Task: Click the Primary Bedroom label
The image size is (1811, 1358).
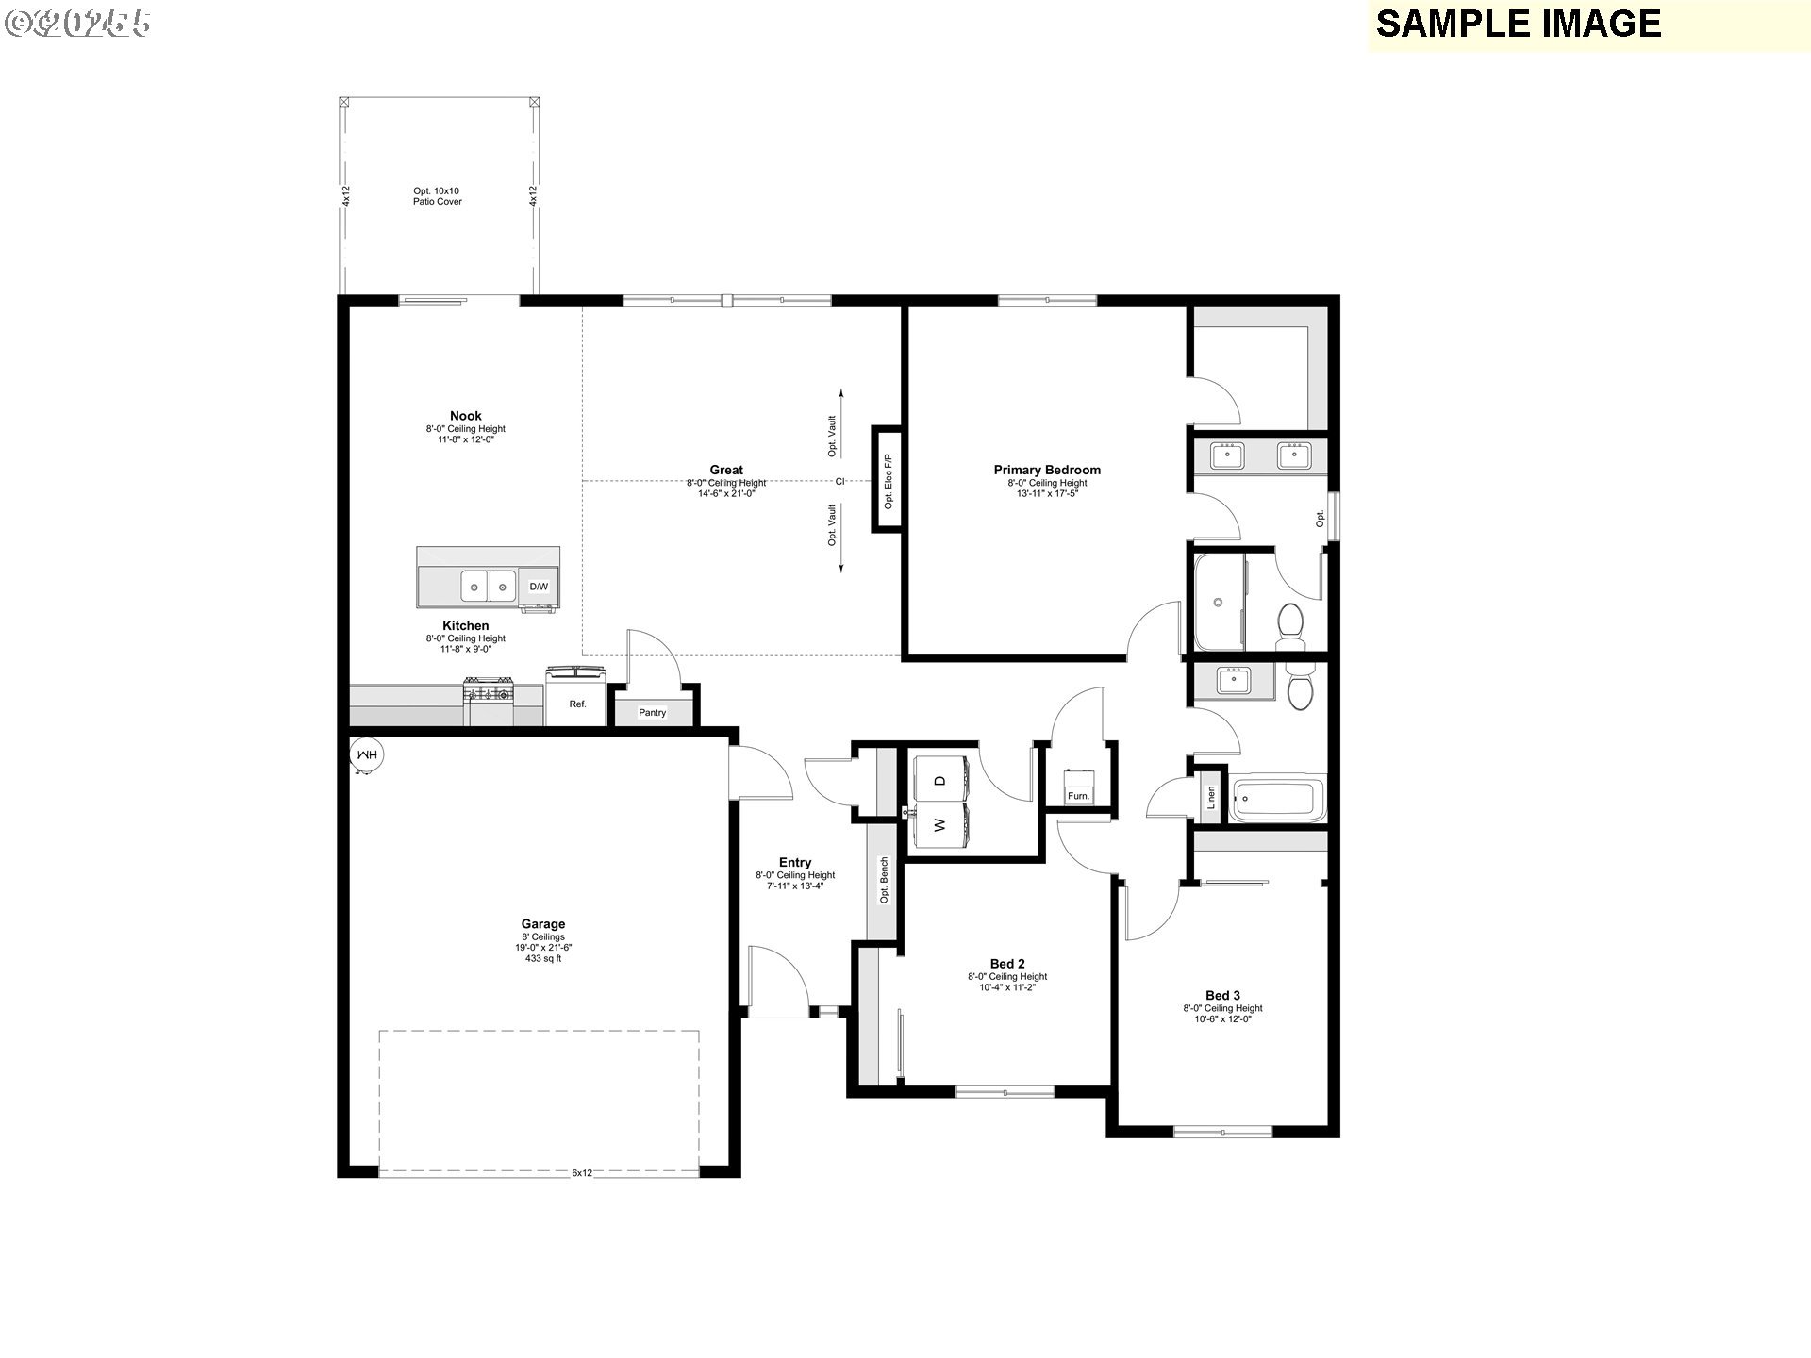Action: click(x=1047, y=470)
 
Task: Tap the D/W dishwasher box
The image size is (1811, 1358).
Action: click(x=539, y=587)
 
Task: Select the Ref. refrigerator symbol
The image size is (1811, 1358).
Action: click(x=576, y=699)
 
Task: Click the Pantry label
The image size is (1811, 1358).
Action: click(x=652, y=713)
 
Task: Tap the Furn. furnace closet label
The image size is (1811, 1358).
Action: click(x=1078, y=796)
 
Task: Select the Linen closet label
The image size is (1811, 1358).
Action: click(x=1210, y=798)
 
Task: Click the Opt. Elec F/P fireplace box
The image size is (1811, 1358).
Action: click(x=887, y=481)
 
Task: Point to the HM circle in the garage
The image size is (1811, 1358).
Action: click(x=366, y=754)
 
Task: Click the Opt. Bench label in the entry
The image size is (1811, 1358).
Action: click(x=884, y=880)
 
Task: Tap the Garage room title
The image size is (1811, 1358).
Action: click(x=543, y=924)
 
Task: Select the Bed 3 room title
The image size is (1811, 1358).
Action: click(x=1222, y=995)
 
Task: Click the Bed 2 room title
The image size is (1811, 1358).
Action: click(x=1006, y=964)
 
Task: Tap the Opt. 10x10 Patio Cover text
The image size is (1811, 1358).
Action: click(x=437, y=196)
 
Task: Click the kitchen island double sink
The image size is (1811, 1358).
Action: click(x=489, y=587)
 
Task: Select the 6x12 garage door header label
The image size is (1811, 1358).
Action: click(x=582, y=1173)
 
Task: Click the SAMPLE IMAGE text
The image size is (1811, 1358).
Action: click(x=1518, y=24)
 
